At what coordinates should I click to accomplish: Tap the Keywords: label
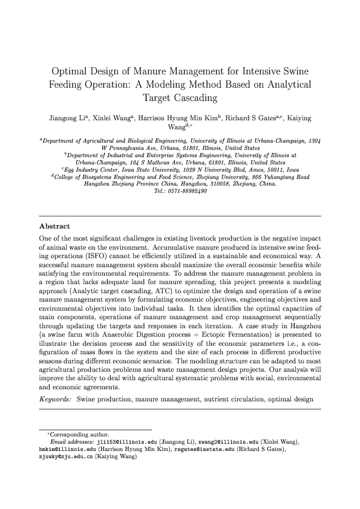tap(56, 399)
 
